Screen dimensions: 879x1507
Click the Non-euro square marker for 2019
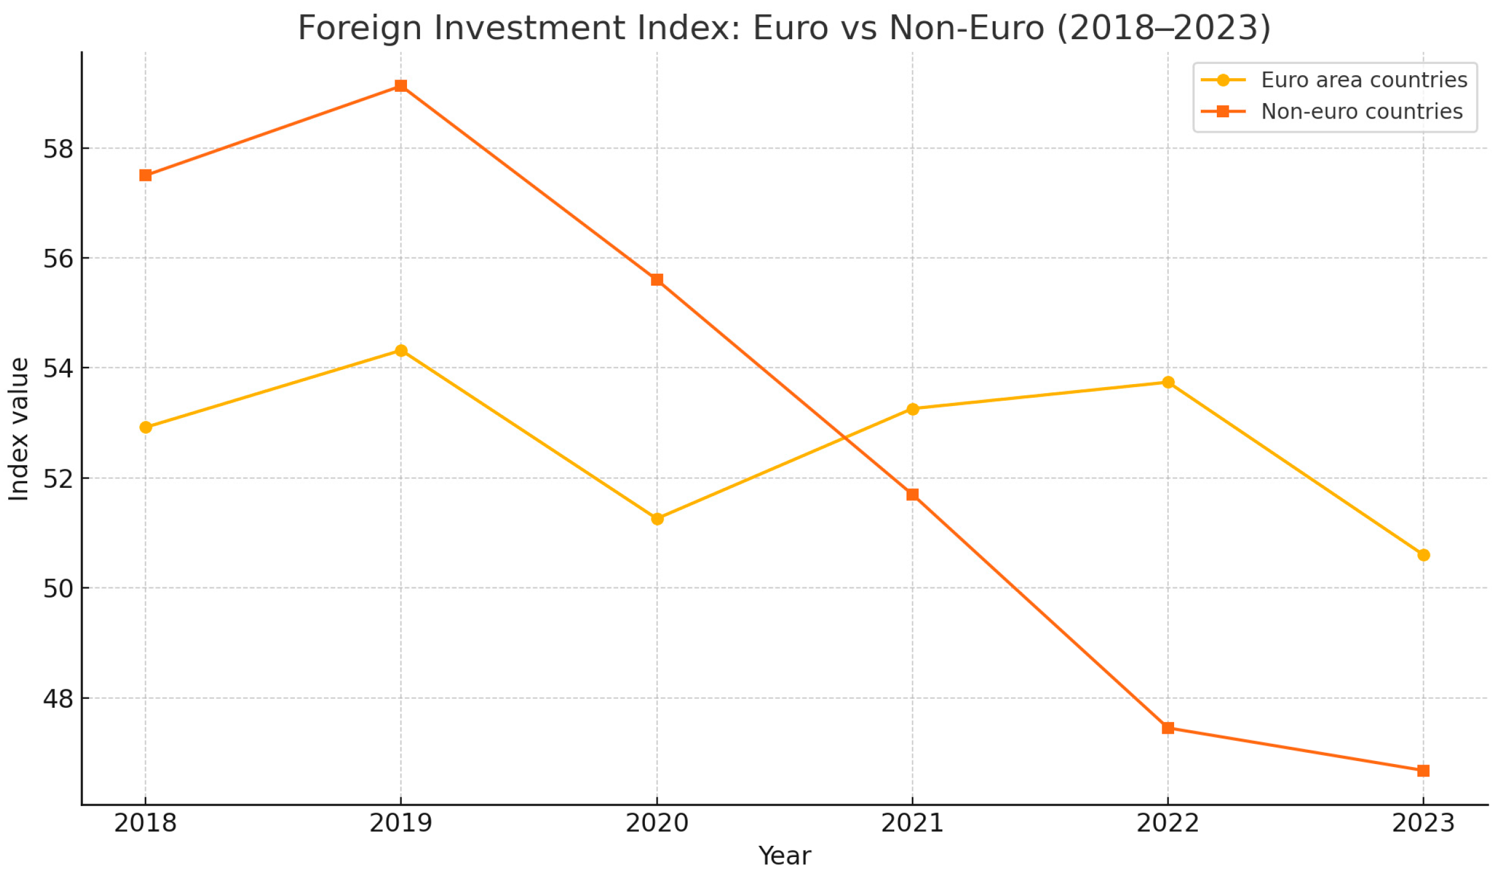[x=401, y=86]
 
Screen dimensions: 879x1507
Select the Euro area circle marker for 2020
[x=657, y=519]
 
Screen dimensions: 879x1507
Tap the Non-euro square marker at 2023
[x=1423, y=771]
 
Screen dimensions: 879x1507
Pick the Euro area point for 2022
[x=1168, y=382]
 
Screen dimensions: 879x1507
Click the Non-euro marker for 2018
[x=145, y=175]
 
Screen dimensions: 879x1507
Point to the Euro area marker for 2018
[x=145, y=427]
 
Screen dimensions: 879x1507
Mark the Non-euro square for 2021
[x=913, y=494]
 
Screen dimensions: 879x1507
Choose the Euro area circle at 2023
[x=1423, y=555]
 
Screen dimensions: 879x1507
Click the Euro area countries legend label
[x=1364, y=80]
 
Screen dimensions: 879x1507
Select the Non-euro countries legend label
[x=1362, y=112]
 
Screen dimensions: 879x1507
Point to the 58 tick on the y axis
[x=58, y=149]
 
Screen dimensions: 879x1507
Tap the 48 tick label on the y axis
[x=58, y=699]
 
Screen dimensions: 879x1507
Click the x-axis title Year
[x=784, y=856]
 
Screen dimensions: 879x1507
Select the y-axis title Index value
[x=18, y=429]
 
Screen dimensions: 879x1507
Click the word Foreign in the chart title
[x=361, y=28]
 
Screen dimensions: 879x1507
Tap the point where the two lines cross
[x=845, y=438]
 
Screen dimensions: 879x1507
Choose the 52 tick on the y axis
[x=58, y=479]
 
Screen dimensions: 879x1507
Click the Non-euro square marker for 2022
[x=1168, y=728]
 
